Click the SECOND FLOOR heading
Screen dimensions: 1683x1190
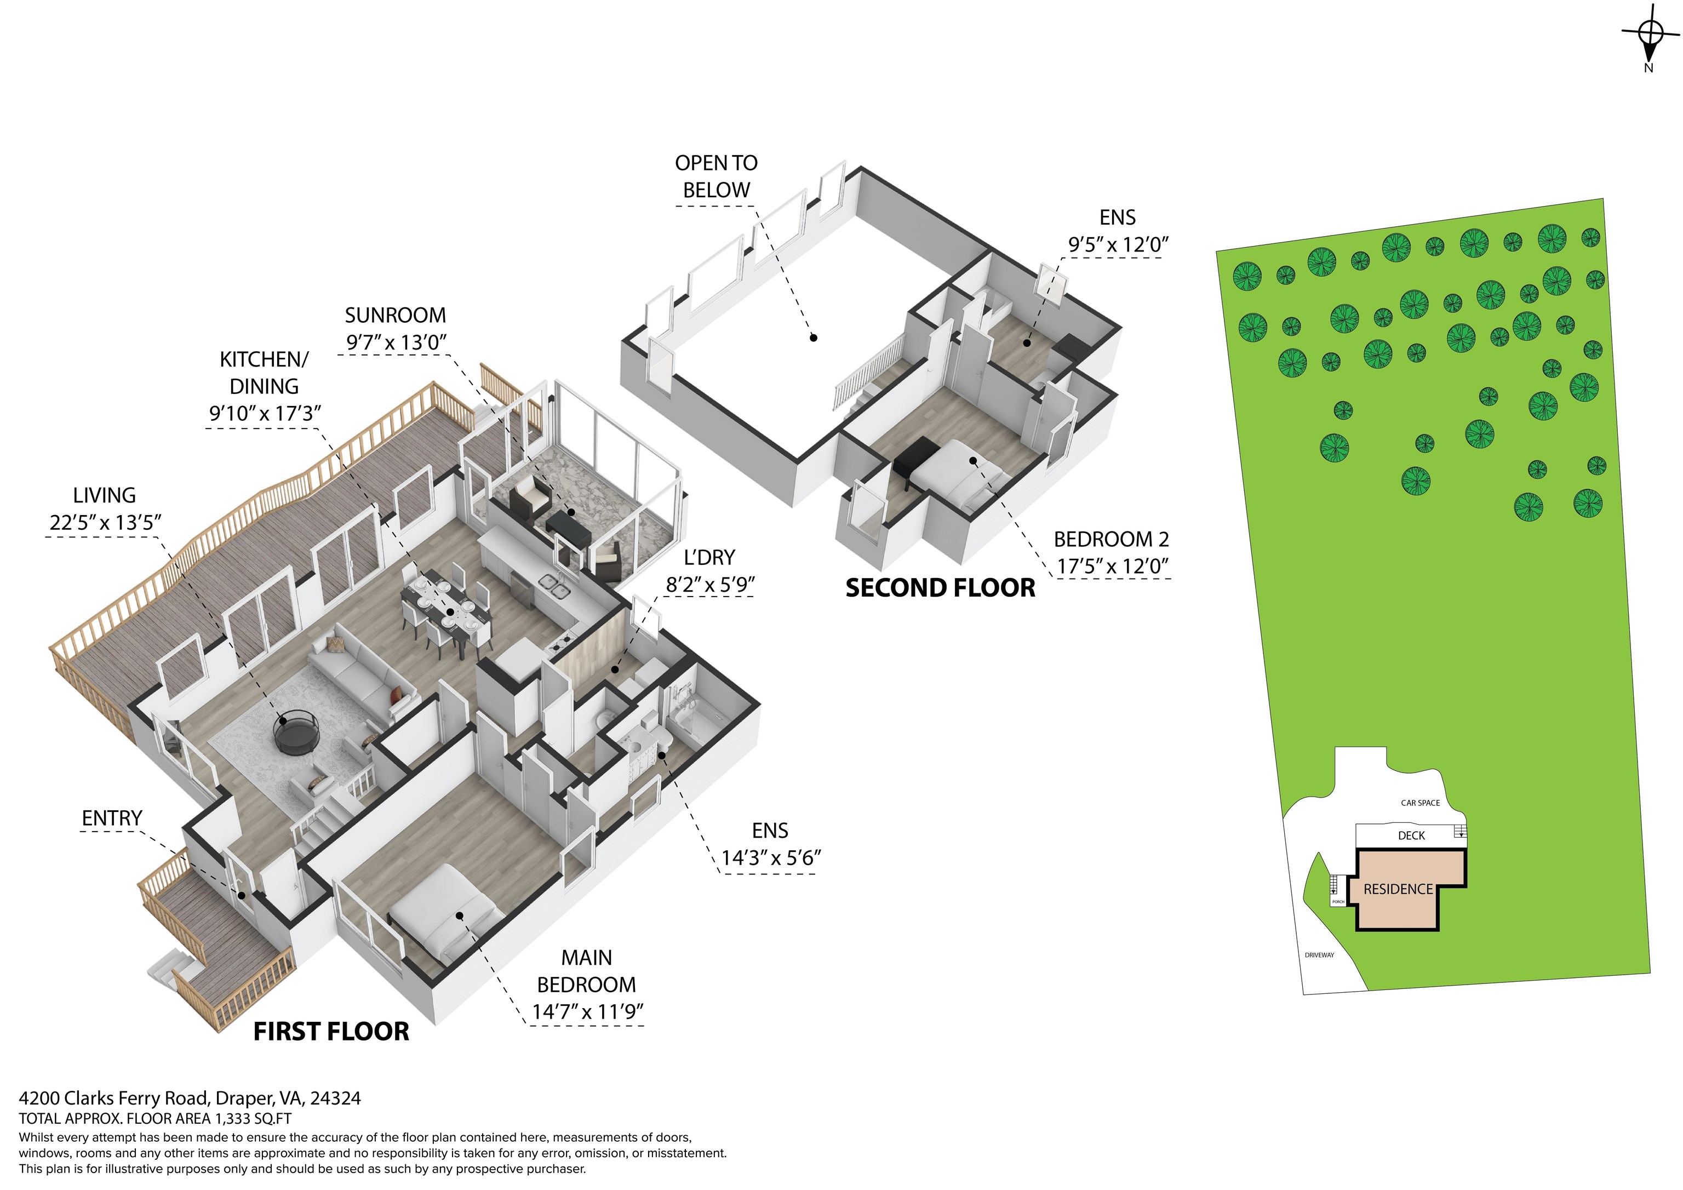click(x=941, y=588)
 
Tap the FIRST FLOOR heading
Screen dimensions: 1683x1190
click(x=331, y=1032)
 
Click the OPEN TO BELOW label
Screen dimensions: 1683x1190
click(x=716, y=176)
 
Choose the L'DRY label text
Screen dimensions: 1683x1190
click(x=709, y=558)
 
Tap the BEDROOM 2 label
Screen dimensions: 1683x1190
click(x=1111, y=540)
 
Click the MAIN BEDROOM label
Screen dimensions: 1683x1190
click(x=586, y=971)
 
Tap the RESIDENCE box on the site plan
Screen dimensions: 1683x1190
click(x=1398, y=889)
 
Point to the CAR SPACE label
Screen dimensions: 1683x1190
click(x=1421, y=803)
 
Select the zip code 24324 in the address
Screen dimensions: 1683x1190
click(x=336, y=1099)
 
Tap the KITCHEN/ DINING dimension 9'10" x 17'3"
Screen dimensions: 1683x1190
click(x=265, y=414)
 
